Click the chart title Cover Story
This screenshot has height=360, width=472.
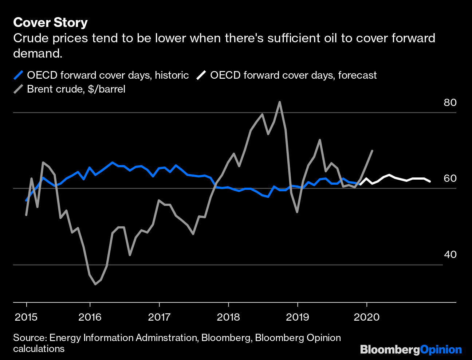coord(50,23)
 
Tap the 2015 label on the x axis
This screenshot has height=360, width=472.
coord(26,317)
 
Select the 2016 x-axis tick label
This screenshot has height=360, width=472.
coord(90,317)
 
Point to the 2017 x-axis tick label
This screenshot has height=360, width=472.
coord(159,317)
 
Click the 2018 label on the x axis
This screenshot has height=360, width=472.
coord(228,317)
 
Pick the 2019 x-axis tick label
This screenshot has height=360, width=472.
coord(298,317)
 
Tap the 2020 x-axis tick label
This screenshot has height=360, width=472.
coord(367,317)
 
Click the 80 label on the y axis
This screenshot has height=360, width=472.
coord(450,102)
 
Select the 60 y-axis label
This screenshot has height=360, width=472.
coord(450,178)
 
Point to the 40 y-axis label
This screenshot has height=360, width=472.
coord(450,254)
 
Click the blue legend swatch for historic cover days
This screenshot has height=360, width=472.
coord(18,75)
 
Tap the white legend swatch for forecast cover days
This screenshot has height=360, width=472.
coord(201,75)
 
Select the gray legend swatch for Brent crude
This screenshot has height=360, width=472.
coord(18,89)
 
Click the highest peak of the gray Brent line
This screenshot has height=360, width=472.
coord(279,102)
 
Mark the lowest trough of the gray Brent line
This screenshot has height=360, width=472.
coord(95,284)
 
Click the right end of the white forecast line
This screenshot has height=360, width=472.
coord(430,181)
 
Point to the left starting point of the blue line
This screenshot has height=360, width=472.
coord(26,200)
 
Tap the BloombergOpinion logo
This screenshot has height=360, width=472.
coord(411,350)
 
